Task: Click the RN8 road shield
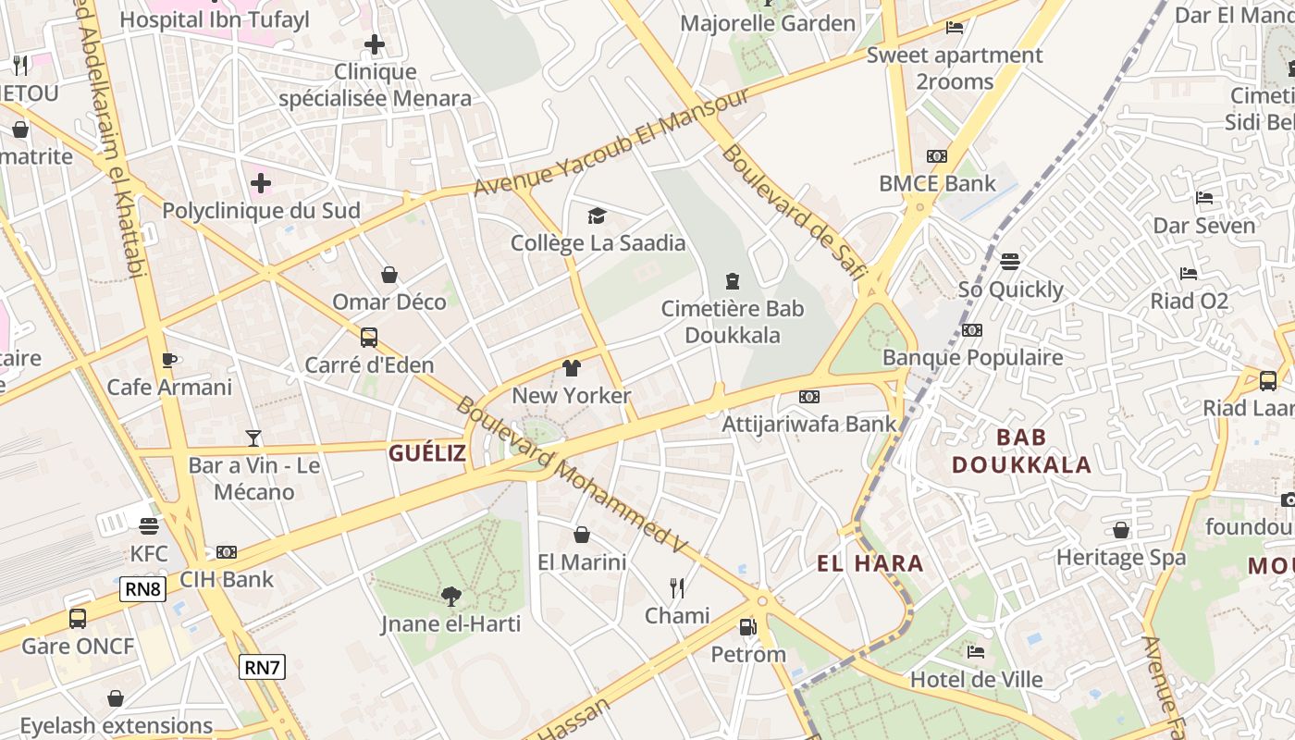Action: (x=142, y=589)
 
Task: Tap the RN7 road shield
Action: (x=262, y=667)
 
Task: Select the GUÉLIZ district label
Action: (x=427, y=453)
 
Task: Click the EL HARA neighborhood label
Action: (x=870, y=563)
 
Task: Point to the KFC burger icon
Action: (x=149, y=526)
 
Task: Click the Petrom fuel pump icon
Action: (x=746, y=627)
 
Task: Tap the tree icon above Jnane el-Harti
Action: (x=450, y=597)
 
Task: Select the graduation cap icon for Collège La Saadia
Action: (x=598, y=216)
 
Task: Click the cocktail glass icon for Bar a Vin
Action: (x=253, y=438)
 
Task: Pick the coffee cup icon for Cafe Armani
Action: (x=169, y=360)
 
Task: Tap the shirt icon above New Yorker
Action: (x=572, y=368)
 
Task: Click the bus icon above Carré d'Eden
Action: (x=369, y=338)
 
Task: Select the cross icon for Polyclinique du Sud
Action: (x=261, y=183)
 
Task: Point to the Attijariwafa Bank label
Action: (x=809, y=425)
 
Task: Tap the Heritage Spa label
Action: (x=1121, y=558)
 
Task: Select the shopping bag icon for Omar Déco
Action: (x=389, y=275)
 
